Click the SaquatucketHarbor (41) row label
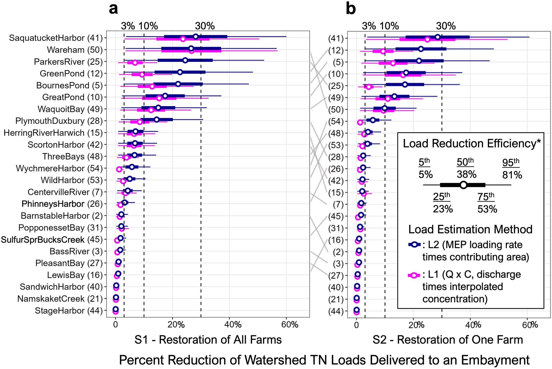[x=56, y=38]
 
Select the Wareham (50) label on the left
[x=75, y=50]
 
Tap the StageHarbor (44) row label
[x=69, y=310]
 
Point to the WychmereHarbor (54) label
[x=59, y=168]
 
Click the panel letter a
[x=113, y=9]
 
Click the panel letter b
[x=351, y=9]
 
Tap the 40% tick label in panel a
[x=233, y=324]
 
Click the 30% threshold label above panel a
[x=205, y=26]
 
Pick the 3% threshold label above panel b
[x=369, y=26]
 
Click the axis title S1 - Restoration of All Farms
[x=208, y=340]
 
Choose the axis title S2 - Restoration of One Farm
[x=448, y=340]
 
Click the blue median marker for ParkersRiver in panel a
[x=185, y=60]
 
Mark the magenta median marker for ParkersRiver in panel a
[x=135, y=63]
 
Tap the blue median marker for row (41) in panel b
[x=438, y=37]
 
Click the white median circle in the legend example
[x=463, y=185]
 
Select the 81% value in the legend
[x=512, y=175]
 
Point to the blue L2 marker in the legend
[x=414, y=244]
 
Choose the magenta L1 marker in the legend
[x=414, y=275]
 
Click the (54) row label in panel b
[x=336, y=122]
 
